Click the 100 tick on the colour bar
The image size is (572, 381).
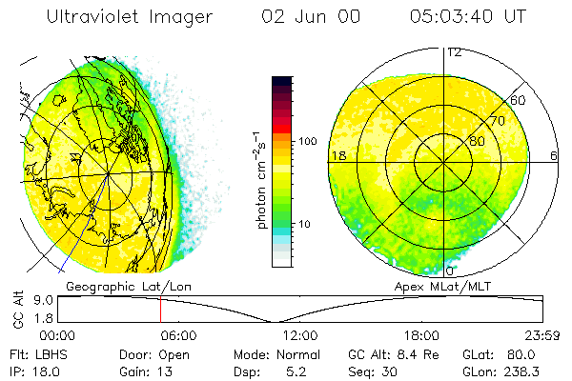tap(309, 141)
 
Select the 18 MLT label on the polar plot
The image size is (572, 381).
tap(337, 155)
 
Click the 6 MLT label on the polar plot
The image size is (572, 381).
tap(553, 155)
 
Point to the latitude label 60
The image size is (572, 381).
tap(519, 100)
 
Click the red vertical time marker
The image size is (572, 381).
tap(160, 310)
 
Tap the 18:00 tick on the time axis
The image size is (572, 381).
tap(422, 336)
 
